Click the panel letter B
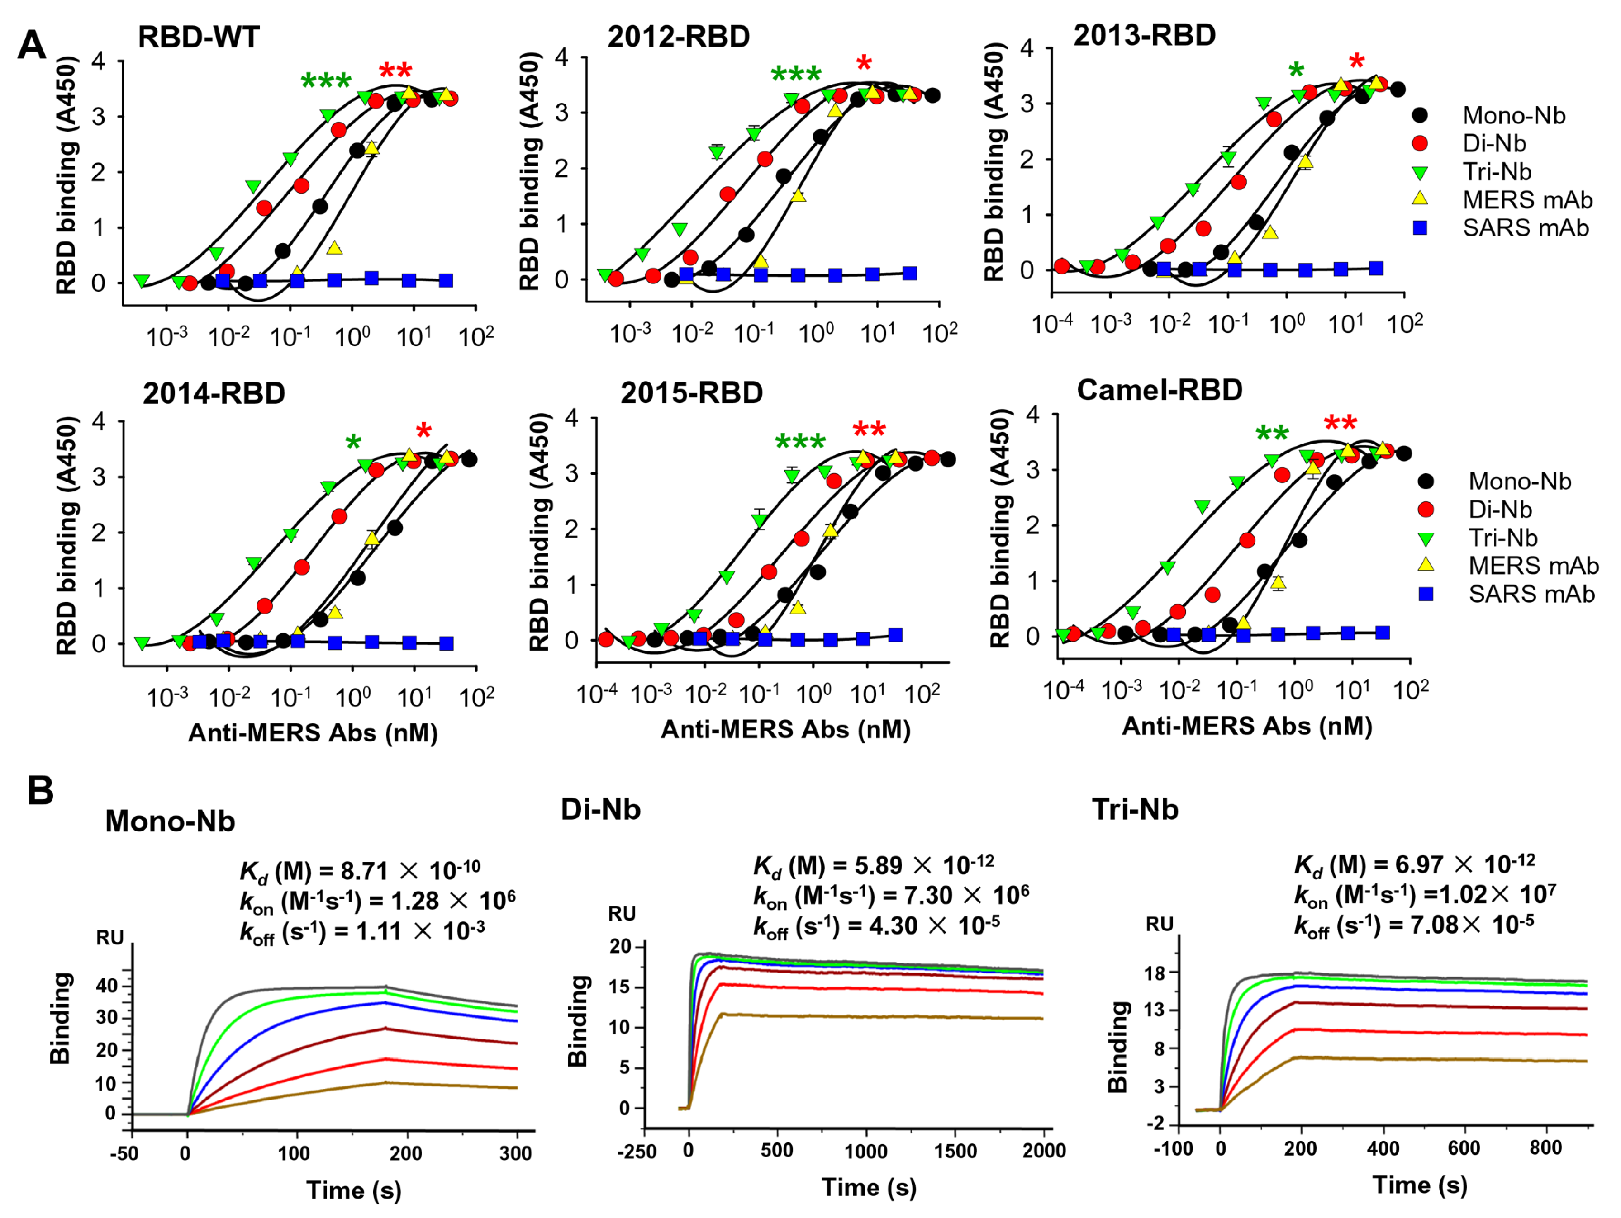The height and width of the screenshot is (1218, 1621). tap(40, 791)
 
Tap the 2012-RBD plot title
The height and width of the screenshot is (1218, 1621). tap(679, 37)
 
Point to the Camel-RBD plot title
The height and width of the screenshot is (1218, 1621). tap(1160, 390)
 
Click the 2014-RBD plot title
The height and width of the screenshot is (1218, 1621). tap(214, 394)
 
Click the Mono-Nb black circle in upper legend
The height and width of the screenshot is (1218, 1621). tap(1420, 115)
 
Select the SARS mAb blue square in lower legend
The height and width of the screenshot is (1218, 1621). tap(1426, 594)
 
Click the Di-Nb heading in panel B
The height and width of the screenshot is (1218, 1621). tap(600, 809)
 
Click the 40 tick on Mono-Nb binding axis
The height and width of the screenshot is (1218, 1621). tap(107, 985)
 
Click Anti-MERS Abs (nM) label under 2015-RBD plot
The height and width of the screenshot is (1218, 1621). tap(785, 729)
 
